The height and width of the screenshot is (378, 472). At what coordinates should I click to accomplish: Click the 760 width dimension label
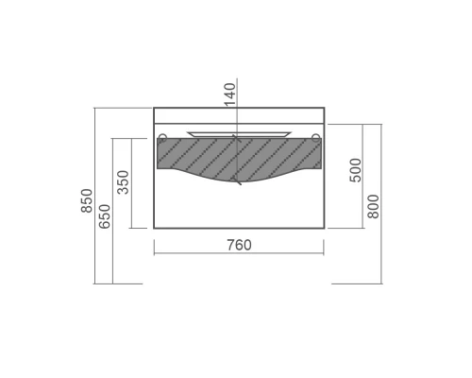240,245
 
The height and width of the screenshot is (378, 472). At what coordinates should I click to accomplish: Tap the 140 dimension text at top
229,94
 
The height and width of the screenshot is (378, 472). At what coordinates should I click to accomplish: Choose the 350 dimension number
123,182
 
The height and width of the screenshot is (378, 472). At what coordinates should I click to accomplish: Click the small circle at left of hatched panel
162,137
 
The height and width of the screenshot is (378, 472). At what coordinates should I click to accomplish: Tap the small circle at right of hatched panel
316,137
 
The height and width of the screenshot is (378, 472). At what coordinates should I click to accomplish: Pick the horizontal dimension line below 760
240,253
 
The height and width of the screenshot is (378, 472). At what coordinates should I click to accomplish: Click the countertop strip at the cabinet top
240,115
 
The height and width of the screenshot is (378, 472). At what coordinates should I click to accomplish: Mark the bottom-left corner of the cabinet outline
154,229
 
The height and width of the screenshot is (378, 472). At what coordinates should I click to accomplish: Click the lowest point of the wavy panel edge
236,182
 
